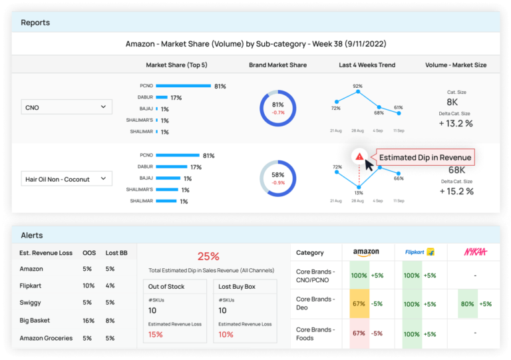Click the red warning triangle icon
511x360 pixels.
pyautogui.click(x=359, y=156)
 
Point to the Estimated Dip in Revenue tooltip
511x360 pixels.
pyautogui.click(x=425, y=158)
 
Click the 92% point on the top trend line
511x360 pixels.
pyautogui.click(x=358, y=92)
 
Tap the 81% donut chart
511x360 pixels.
pyautogui.click(x=278, y=108)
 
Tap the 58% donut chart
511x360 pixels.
pyautogui.click(x=278, y=178)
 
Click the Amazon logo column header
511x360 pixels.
pyautogui.click(x=366, y=252)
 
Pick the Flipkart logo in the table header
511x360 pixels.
pyautogui.click(x=419, y=252)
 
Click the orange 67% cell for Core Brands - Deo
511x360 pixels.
pyautogui.click(x=360, y=303)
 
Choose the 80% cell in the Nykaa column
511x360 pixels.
pyautogui.click(x=467, y=303)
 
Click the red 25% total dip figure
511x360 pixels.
pyautogui.click(x=208, y=256)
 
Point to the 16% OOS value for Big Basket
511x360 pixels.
pyautogui.click(x=88, y=321)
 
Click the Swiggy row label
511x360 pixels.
pyautogui.click(x=31, y=303)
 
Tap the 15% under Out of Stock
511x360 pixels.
pyautogui.click(x=156, y=334)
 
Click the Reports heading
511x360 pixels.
pyautogui.click(x=35, y=23)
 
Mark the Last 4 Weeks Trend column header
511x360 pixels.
pyautogui.click(x=367, y=65)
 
